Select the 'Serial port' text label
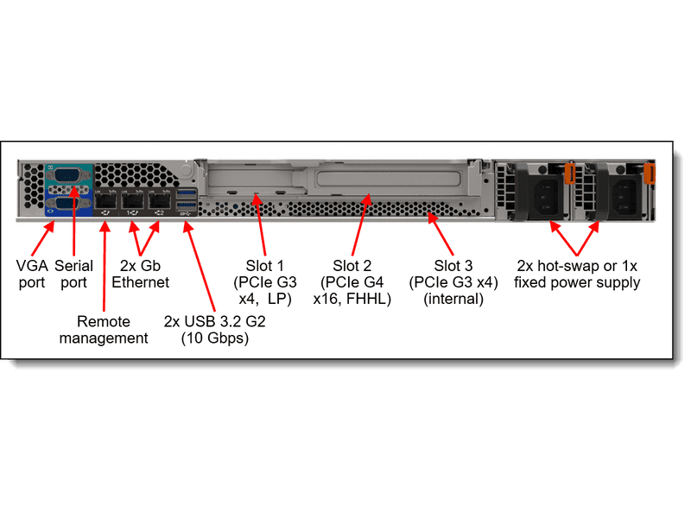[73, 274]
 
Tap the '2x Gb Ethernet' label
[140, 274]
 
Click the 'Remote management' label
[104, 330]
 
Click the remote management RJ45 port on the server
[106, 198]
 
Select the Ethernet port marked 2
[159, 198]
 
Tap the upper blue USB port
[186, 193]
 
